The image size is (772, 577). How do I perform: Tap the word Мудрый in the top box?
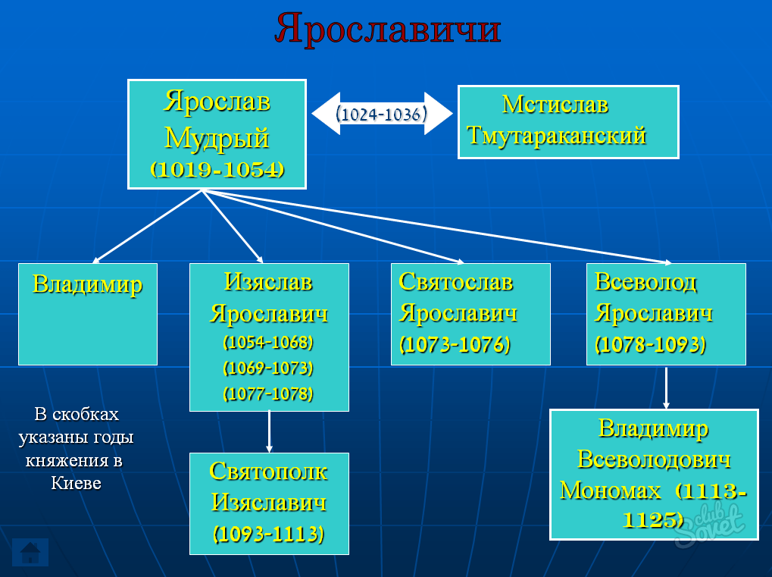(217, 138)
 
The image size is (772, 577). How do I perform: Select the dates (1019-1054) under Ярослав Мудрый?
(217, 169)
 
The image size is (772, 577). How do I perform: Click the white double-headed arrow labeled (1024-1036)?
(382, 113)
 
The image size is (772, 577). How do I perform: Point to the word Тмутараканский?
(556, 136)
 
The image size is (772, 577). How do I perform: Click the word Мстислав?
(555, 105)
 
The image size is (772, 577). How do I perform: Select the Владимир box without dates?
(88, 315)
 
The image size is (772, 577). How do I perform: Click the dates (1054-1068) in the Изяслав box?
(268, 342)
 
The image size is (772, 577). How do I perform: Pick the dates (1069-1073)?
(268, 368)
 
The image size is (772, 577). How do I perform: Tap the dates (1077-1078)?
(268, 394)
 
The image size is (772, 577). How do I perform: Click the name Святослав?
(456, 282)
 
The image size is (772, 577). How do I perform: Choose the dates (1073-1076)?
(455, 344)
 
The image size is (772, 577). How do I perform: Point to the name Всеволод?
(645, 282)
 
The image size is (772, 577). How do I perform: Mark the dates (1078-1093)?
(650, 344)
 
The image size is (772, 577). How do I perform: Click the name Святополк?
(269, 472)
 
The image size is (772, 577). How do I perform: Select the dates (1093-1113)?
(269, 534)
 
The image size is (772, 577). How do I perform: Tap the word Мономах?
(611, 491)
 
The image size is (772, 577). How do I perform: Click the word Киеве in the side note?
(77, 484)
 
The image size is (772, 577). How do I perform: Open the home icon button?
(30, 553)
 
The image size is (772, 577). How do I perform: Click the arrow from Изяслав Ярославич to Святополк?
(269, 431)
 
